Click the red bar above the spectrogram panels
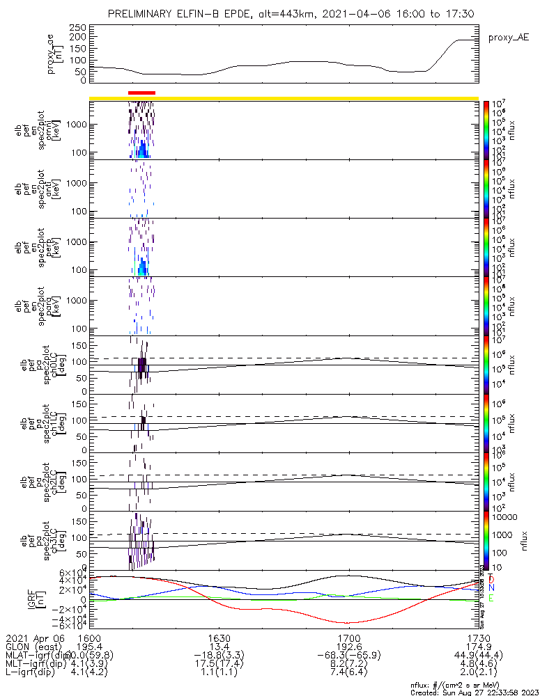point(142,92)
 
